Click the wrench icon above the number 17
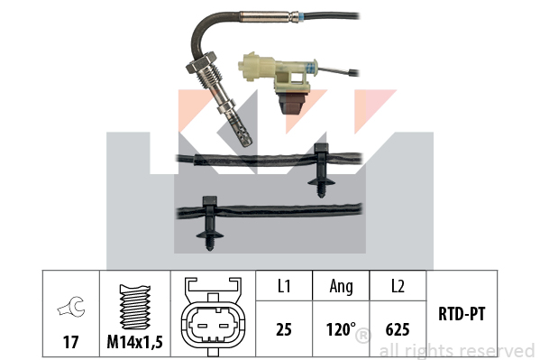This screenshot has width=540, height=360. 71,306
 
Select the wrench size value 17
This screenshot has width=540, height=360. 70,342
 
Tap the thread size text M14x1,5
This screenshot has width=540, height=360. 134,342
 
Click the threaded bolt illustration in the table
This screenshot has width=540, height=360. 134,307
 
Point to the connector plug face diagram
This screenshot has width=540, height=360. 213,317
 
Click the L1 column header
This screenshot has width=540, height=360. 284,286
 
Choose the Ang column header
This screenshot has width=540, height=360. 341,287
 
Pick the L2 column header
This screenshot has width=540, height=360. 398,286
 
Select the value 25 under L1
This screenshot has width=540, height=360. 284,329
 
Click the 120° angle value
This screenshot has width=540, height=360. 341,329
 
